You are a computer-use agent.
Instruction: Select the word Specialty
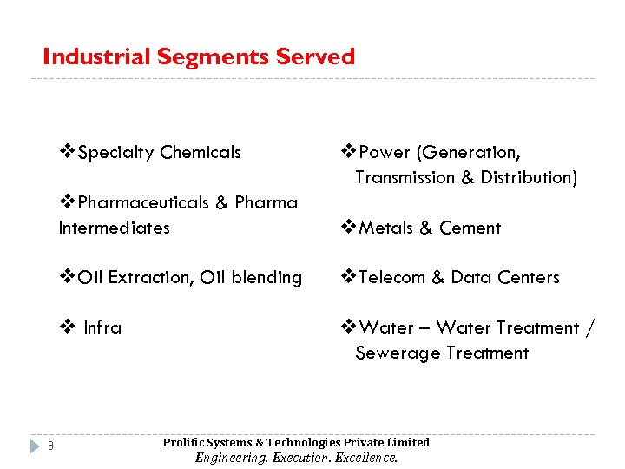click(x=115, y=153)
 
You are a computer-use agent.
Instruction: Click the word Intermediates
click(x=114, y=228)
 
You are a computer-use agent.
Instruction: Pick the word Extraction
click(x=150, y=278)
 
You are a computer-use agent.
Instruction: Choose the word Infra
click(x=102, y=328)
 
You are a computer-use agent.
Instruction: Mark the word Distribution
click(x=529, y=178)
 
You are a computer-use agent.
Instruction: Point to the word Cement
click(x=470, y=228)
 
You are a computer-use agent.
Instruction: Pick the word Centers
click(x=529, y=278)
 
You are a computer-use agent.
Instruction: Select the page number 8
click(x=51, y=446)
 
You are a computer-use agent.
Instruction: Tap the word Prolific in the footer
click(x=184, y=443)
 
